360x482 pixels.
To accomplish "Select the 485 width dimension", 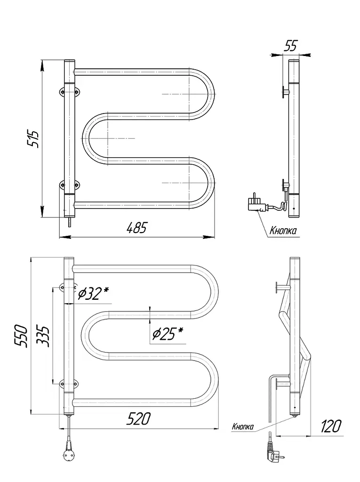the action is click(x=137, y=228).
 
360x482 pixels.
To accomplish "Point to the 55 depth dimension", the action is click(x=290, y=46).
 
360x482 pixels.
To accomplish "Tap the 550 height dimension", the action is click(x=23, y=336).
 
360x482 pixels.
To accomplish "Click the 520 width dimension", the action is click(x=139, y=418).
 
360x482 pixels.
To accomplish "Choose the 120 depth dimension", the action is click(x=330, y=426).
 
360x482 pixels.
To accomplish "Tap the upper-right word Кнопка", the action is click(x=283, y=231).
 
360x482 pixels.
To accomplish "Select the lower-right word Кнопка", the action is click(x=243, y=426).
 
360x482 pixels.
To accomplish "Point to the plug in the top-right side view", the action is click(x=256, y=203).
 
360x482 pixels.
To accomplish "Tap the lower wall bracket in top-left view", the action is click(x=70, y=185).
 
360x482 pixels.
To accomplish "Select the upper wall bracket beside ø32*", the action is click(x=69, y=288).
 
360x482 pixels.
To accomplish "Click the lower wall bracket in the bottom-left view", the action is click(x=69, y=383).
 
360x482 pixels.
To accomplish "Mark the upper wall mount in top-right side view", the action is click(x=285, y=91).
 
